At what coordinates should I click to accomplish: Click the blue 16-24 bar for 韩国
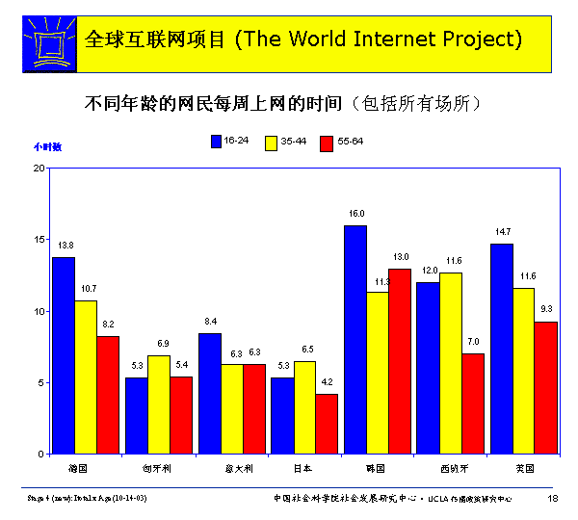355,339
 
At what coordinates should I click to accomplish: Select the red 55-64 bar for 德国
108,395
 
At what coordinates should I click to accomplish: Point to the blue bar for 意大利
209,393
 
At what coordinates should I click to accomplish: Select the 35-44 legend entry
286,141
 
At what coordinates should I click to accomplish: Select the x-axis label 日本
302,468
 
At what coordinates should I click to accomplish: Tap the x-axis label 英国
525,468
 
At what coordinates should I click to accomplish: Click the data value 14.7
503,232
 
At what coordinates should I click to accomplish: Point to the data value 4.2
328,382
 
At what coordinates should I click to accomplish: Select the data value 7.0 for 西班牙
474,342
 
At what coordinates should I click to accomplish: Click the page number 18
553,498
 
